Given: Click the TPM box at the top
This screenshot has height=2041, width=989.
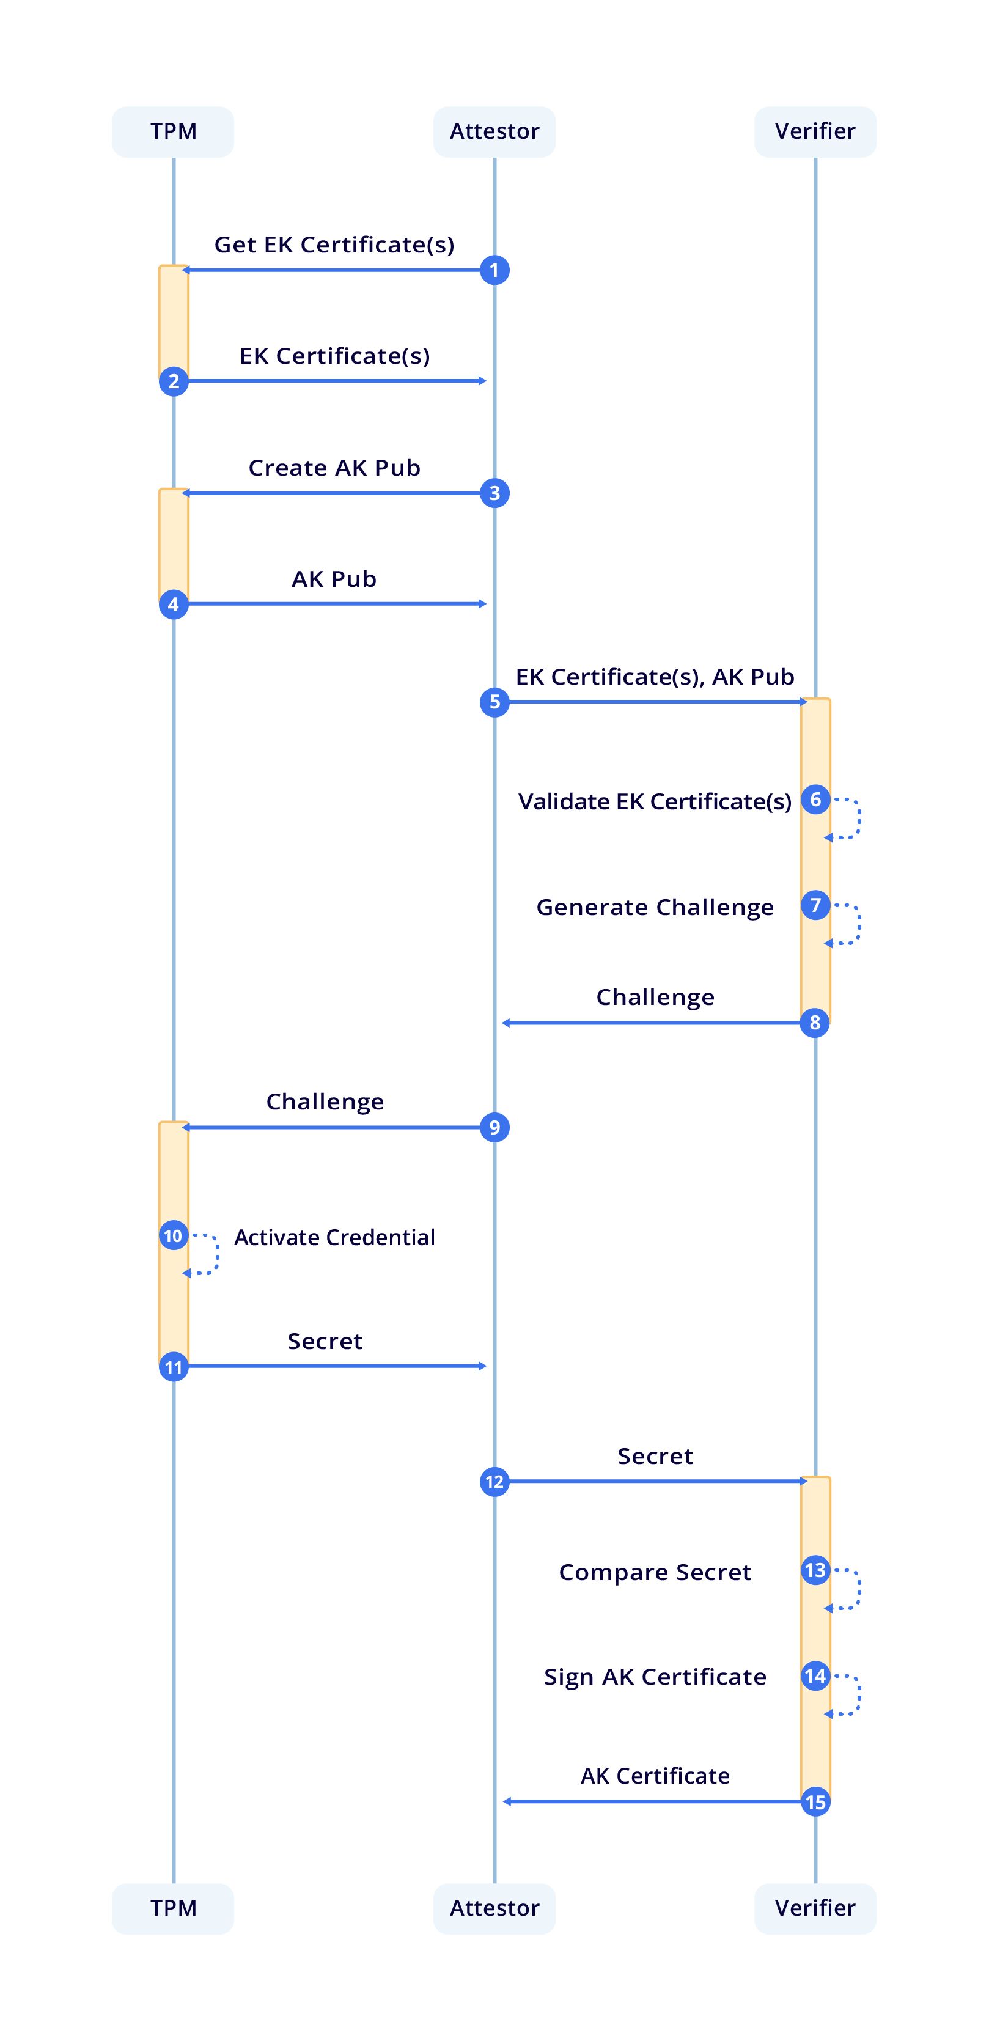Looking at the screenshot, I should pyautogui.click(x=173, y=131).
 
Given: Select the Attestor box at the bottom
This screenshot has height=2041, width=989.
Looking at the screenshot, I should pyautogui.click(x=494, y=1908).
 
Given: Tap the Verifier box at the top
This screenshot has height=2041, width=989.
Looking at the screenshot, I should pyautogui.click(x=815, y=131).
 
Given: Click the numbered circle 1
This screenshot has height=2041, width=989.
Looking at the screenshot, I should pyautogui.click(x=494, y=270).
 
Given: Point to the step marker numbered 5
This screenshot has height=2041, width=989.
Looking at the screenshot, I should pyautogui.click(x=494, y=702).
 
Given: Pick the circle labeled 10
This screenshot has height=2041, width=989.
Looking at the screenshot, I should pyautogui.click(x=173, y=1236).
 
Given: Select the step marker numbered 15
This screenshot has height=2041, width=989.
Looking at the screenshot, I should pyautogui.click(x=815, y=1802).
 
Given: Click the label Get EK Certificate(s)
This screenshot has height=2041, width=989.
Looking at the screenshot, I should pyautogui.click(x=334, y=245).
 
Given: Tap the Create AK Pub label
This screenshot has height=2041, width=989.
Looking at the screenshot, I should pyautogui.click(x=334, y=468).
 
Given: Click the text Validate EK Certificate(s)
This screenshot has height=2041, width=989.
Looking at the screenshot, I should pyautogui.click(x=655, y=802).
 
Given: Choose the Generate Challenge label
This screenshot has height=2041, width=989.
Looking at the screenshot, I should pyautogui.click(x=655, y=907).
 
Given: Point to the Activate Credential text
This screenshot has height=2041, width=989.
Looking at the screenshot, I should pyautogui.click(x=334, y=1238).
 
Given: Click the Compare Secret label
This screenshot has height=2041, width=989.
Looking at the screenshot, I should pyautogui.click(x=655, y=1572).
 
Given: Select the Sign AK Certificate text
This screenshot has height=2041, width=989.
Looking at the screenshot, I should pyautogui.click(x=655, y=1677).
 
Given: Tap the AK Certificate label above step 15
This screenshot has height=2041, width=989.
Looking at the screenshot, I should pyautogui.click(x=655, y=1776).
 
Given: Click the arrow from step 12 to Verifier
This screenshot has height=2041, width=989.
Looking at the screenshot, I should pyautogui.click(x=655, y=1481).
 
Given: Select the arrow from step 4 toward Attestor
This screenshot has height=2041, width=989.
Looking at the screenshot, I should pyautogui.click(x=334, y=604).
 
